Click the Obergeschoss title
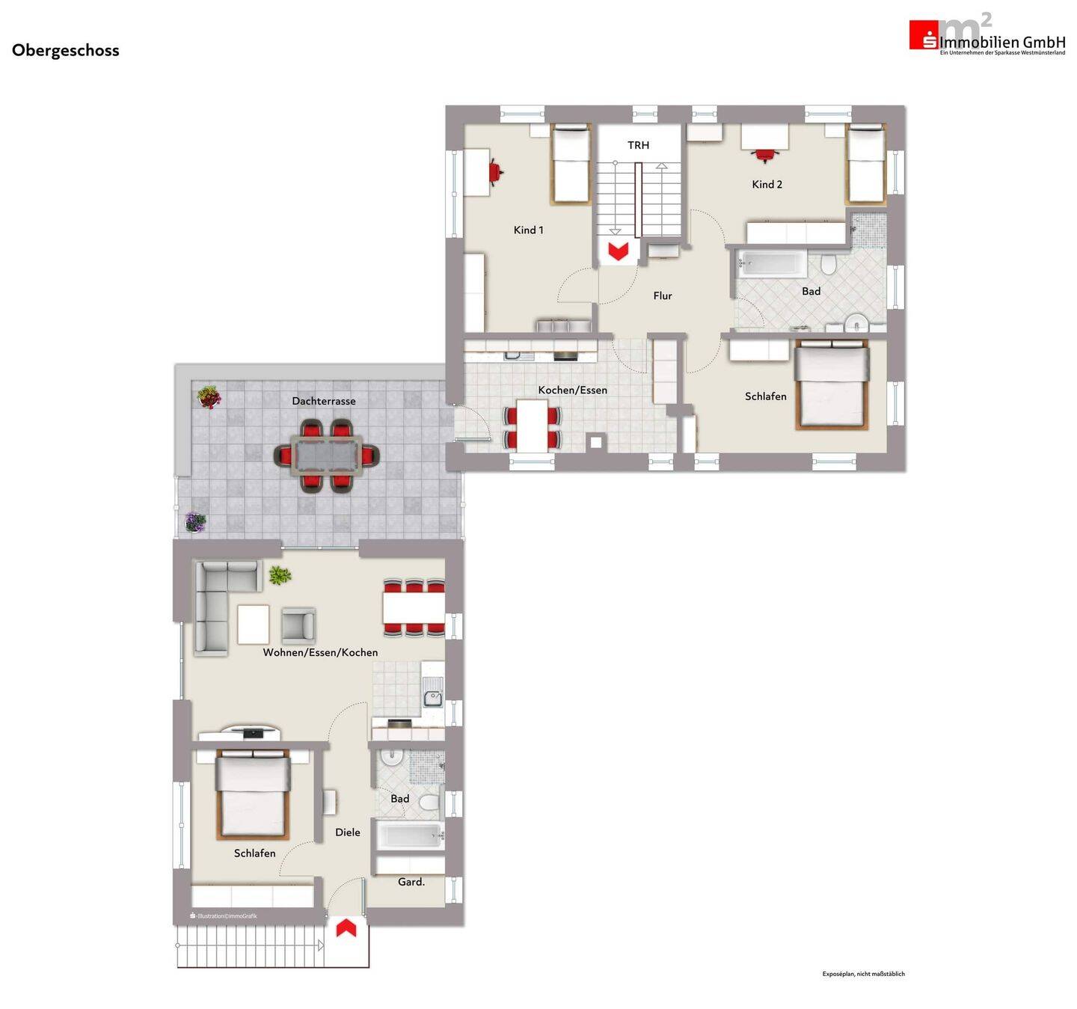[66, 50]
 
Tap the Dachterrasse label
[323, 401]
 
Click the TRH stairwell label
[638, 145]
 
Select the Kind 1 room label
[528, 230]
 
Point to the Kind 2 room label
[767, 184]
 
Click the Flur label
[662, 295]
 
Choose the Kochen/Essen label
[572, 390]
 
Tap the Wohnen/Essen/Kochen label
[320, 652]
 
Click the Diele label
[347, 832]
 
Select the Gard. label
[411, 882]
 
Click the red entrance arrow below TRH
[618, 251]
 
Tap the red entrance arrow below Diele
[346, 928]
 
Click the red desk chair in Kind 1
[495, 171]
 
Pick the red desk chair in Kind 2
[764, 155]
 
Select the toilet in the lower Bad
[429, 803]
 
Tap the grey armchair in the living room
[298, 625]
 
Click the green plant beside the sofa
[280, 575]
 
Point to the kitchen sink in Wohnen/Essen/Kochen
[432, 698]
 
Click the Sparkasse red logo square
[923, 35]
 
